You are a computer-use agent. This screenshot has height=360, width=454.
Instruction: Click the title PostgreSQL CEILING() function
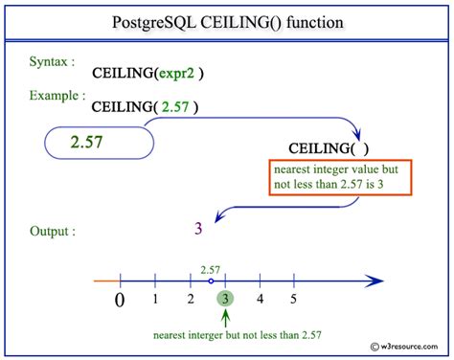(x=227, y=22)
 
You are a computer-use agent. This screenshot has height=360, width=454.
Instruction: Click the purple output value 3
(x=197, y=228)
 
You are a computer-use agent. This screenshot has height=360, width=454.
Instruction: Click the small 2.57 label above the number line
(x=211, y=269)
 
